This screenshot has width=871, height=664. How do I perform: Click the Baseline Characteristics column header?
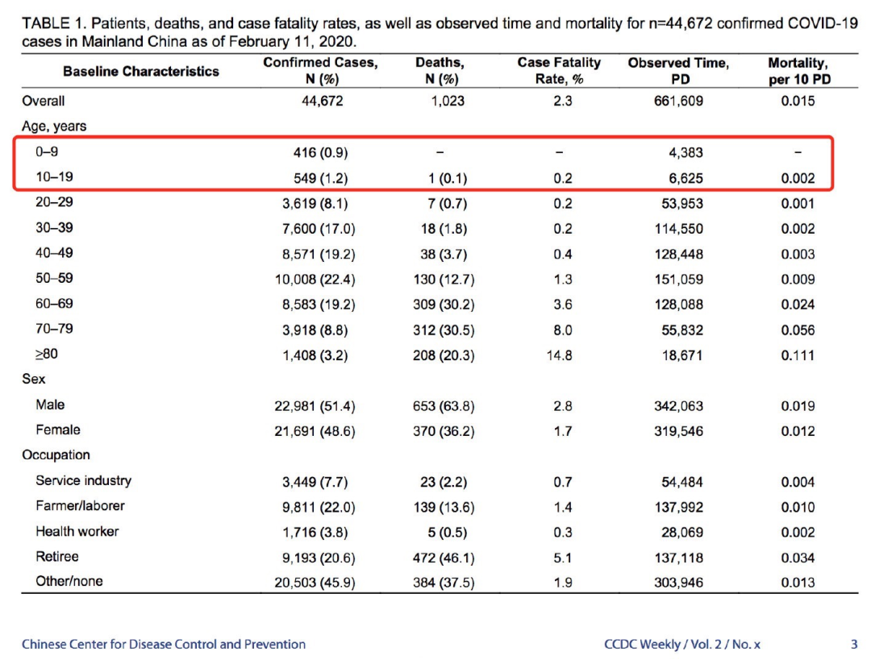[141, 71]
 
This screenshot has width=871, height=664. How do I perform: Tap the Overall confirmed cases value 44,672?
[322, 102]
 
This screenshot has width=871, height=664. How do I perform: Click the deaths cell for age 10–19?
[440, 178]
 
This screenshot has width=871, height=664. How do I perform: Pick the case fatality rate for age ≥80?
[563, 355]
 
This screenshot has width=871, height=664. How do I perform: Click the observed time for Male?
[678, 406]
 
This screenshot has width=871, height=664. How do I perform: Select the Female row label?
[58, 430]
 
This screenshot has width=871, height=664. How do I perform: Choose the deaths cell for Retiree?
[440, 558]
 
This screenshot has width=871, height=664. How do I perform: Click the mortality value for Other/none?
[798, 583]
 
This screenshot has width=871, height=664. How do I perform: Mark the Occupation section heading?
[56, 455]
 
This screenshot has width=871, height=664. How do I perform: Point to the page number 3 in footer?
[854, 645]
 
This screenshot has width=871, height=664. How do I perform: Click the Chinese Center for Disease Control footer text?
[164, 645]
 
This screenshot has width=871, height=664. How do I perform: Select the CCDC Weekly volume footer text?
[683, 645]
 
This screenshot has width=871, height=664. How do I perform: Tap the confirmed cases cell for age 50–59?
[315, 280]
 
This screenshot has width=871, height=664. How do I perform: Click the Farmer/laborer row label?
[80, 506]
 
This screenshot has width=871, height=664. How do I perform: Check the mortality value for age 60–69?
[798, 305]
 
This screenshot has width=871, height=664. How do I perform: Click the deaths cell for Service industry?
[440, 482]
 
